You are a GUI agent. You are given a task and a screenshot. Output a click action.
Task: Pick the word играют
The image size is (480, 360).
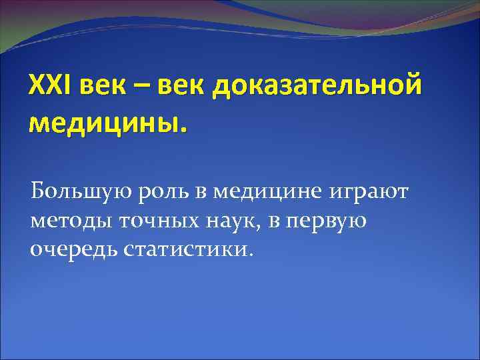(x=369, y=193)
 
